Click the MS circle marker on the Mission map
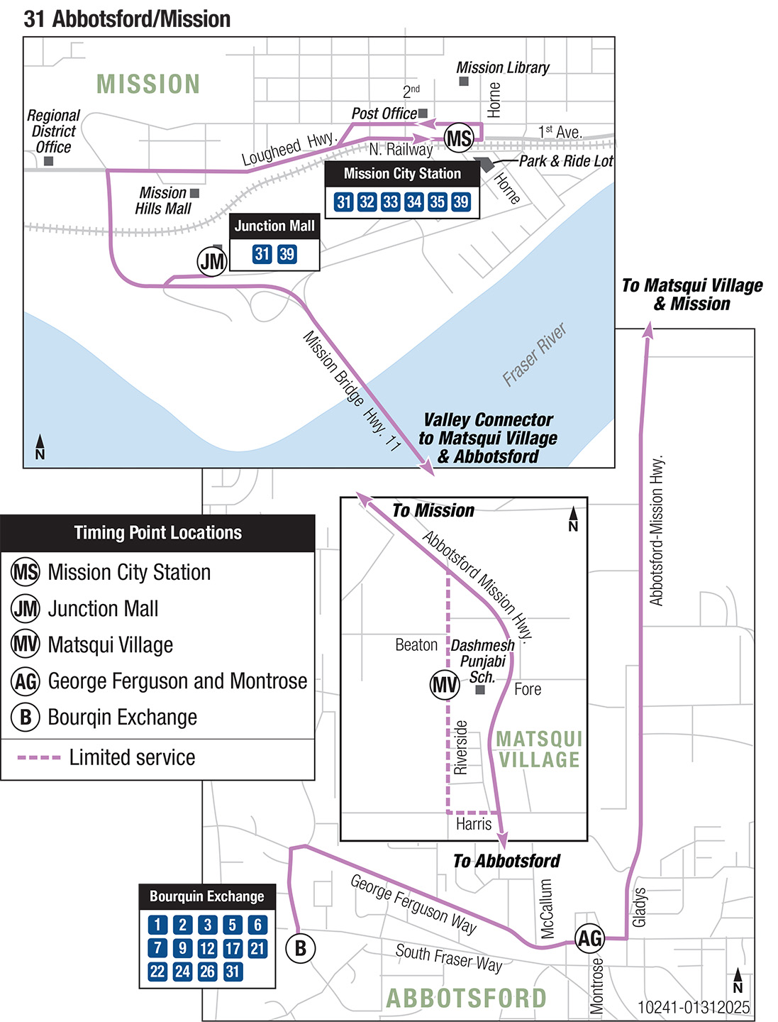[x=459, y=138]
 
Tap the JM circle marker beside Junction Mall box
[x=211, y=262]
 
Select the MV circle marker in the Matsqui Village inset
[x=445, y=685]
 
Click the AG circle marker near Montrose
[x=589, y=938]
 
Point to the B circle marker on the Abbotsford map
[x=300, y=948]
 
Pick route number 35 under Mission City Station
[x=438, y=202]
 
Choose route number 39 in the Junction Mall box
[x=287, y=254]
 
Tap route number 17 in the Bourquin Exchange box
[x=233, y=948]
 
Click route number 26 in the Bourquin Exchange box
[x=207, y=971]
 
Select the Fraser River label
[x=535, y=354]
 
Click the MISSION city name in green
[x=148, y=84]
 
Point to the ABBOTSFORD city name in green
[x=466, y=998]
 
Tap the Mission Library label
[x=503, y=67]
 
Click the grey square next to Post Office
[x=423, y=113]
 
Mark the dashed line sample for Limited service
[x=39, y=757]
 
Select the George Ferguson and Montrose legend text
[x=177, y=681]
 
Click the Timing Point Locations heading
[x=157, y=533]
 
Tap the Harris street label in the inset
[x=474, y=824]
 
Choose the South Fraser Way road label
[x=449, y=957]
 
